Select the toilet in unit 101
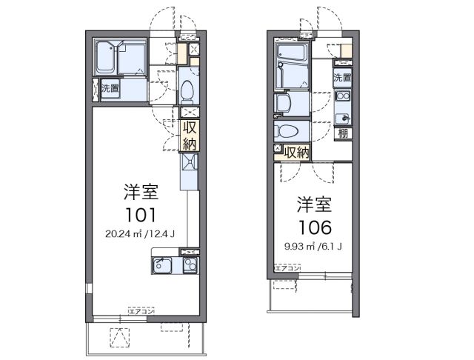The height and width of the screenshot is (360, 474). pyautogui.click(x=187, y=90)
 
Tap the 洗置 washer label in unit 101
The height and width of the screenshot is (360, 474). pyautogui.click(x=108, y=88)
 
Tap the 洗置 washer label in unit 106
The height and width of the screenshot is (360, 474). pyautogui.click(x=341, y=76)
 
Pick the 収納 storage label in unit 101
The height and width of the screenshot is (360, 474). pyautogui.click(x=189, y=135)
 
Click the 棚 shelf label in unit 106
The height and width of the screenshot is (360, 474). pyautogui.click(x=343, y=133)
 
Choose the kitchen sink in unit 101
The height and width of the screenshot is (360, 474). pyautogui.click(x=164, y=266)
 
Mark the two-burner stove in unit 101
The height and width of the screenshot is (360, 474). pyautogui.click(x=190, y=266)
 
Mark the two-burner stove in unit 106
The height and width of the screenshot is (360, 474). pyautogui.click(x=343, y=96)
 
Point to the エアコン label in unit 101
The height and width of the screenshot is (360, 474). pyautogui.click(x=141, y=312)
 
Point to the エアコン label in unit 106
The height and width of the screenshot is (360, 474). pyautogui.click(x=287, y=268)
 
